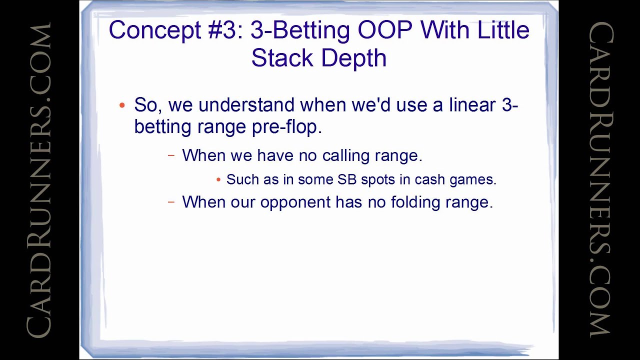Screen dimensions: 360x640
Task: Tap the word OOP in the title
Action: [384, 30]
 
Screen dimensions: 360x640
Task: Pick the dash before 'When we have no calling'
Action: [171, 155]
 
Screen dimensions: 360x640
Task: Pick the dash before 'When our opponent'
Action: [171, 202]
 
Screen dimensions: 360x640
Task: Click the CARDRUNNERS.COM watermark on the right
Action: [600, 180]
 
